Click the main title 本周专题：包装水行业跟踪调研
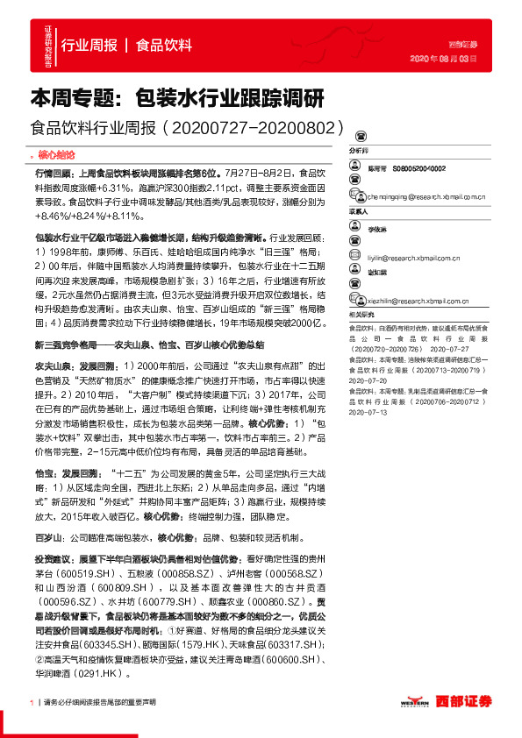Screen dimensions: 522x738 coord(177,96)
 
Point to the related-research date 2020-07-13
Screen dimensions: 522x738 coord(368,411)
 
